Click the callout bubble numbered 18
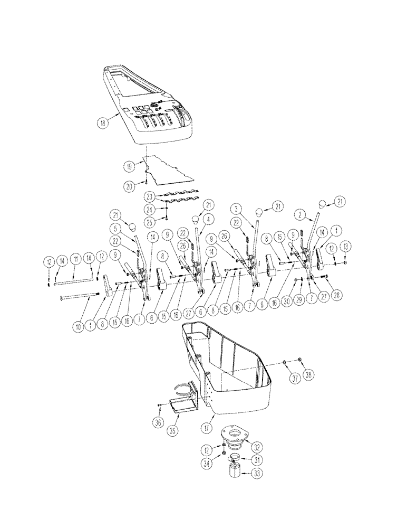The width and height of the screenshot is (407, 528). click(102, 121)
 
